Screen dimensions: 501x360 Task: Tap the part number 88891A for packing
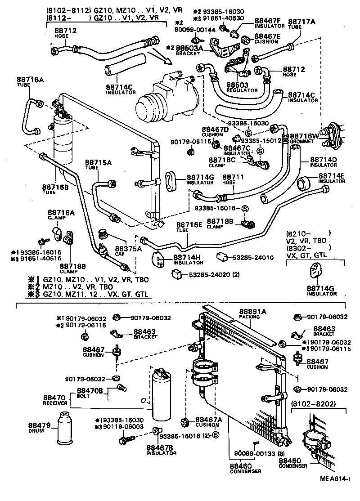(252, 312)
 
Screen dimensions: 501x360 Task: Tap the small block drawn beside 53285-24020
(177, 273)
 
